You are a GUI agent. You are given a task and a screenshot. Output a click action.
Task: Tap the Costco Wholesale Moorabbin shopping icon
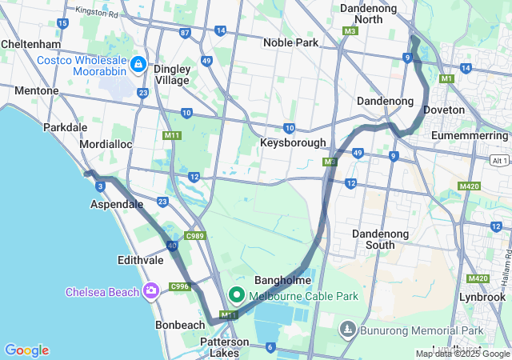pos(138,63)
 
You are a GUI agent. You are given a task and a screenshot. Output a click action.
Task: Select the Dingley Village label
pos(172,74)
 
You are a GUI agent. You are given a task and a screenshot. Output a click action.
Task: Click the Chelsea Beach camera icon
pos(150,290)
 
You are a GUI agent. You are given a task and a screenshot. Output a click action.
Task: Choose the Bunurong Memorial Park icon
pos(347,329)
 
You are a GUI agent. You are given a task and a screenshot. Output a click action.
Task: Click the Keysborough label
pos(293,142)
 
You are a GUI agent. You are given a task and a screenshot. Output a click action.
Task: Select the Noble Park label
pos(291,42)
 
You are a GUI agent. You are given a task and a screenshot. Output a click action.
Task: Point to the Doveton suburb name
pos(444,109)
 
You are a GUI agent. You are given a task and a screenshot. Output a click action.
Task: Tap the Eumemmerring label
pos(470,137)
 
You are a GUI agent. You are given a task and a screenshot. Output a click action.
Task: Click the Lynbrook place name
pos(482,296)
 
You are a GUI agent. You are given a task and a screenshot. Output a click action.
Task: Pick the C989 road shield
pos(194,235)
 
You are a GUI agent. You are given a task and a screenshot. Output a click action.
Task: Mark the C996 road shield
pos(179,286)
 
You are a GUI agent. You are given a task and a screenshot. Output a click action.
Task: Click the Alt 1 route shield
pos(499,160)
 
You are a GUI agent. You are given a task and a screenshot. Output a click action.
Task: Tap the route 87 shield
pos(186,33)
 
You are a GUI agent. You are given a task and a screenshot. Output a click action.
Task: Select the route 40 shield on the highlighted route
pos(172,246)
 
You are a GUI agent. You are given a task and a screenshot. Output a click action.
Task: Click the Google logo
pos(26,350)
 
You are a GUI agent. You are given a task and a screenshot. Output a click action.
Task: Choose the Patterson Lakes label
pos(224,347)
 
